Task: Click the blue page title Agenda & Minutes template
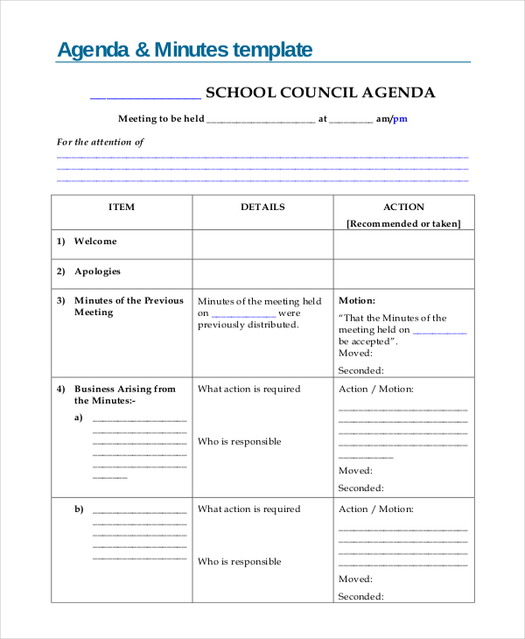[x=184, y=50]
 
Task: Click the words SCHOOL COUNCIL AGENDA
[x=319, y=93]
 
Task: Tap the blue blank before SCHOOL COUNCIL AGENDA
[x=145, y=96]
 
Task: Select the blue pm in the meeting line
[x=400, y=119]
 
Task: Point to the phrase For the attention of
[x=101, y=142]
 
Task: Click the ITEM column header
[x=122, y=207]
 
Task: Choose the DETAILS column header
[x=262, y=207]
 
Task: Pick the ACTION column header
[x=403, y=207]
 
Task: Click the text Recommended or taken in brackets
[x=403, y=224]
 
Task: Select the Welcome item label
[x=95, y=242]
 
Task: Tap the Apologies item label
[x=97, y=271]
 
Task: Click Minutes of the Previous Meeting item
[x=129, y=306]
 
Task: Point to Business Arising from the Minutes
[x=124, y=394]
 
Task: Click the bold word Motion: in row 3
[x=357, y=300]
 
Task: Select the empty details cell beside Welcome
[x=262, y=244]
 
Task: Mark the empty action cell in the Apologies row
[x=403, y=273]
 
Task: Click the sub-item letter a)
[x=79, y=418]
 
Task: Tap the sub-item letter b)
[x=79, y=509]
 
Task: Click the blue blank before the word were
[x=244, y=314]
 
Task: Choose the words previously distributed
[x=248, y=325]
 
